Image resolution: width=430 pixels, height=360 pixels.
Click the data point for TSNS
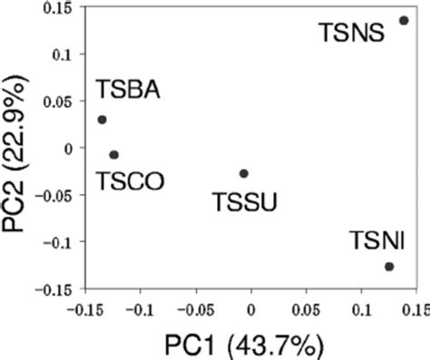pos(404,20)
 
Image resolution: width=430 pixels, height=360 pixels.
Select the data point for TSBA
pos(102,119)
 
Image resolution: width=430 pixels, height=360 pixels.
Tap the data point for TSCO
pos(113,154)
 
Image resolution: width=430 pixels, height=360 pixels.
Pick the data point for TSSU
pos(243,173)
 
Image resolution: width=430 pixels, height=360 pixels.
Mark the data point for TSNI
pos(389,267)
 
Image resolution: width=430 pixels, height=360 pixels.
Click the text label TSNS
pos(352,34)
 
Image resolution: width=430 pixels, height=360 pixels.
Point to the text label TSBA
pos(128,91)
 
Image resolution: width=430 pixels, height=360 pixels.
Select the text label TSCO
pos(130,180)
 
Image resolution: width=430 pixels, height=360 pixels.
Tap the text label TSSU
pos(244,199)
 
